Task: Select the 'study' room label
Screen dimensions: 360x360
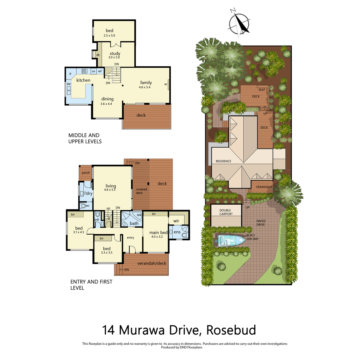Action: [x=115, y=54]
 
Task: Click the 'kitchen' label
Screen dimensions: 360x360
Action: [x=83, y=80]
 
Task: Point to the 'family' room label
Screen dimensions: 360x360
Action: [x=146, y=82]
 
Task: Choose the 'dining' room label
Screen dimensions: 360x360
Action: [x=107, y=99]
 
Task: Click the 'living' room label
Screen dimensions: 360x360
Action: [x=111, y=186]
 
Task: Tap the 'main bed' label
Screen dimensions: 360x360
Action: [x=158, y=232]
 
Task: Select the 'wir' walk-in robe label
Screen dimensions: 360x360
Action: [x=176, y=221]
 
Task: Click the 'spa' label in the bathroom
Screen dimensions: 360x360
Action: [x=139, y=215]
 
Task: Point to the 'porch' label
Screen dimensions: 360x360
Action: [x=86, y=173]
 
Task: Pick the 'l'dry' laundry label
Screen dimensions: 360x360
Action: [x=88, y=193]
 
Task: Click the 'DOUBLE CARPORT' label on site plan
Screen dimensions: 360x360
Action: [x=226, y=212]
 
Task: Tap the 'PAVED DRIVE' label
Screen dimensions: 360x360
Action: [x=261, y=223]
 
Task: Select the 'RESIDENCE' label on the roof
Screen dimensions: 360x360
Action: [x=223, y=161]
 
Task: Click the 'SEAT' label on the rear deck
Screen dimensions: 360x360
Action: [x=262, y=90]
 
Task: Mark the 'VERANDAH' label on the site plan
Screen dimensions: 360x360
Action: [x=264, y=187]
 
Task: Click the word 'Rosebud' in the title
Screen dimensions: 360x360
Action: [x=231, y=330]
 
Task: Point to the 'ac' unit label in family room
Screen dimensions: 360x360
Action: [x=166, y=84]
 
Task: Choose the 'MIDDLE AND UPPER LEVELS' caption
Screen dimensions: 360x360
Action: [x=85, y=138]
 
